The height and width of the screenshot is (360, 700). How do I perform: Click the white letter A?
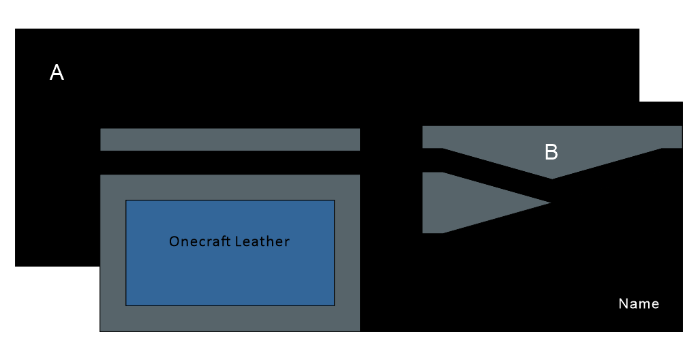57,72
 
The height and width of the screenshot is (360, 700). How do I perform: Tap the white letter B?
551,152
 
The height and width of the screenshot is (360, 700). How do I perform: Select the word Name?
639,303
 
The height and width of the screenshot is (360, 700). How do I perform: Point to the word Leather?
262,241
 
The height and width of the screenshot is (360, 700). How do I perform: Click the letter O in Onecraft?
174,241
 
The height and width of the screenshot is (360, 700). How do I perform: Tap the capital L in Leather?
239,241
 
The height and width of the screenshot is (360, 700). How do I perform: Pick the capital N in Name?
623,303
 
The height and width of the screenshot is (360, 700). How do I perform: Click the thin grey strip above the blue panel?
230,139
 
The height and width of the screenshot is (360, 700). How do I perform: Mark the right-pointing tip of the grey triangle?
551,202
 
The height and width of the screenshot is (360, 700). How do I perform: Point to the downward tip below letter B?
552,179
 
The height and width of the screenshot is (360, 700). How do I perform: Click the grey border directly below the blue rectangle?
230,318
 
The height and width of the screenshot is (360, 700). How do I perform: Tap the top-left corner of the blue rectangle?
126,200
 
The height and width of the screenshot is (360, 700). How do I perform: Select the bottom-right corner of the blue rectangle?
335,306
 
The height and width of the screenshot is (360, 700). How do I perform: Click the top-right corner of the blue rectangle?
335,200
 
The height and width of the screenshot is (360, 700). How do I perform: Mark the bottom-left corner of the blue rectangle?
126,306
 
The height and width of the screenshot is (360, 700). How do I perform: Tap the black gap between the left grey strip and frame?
230,162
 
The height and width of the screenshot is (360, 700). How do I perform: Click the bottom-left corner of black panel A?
15,267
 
